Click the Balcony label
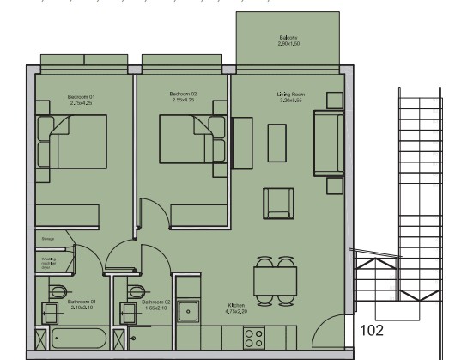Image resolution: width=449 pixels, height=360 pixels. coord(287,40)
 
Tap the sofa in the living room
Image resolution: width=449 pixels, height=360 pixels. coord(327,142)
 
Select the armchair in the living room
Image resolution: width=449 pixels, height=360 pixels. coord(277,204)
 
